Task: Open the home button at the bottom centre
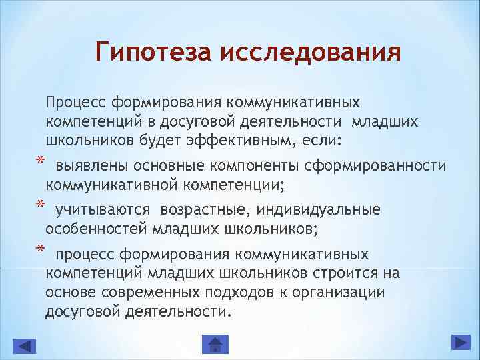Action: (x=215, y=345)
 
